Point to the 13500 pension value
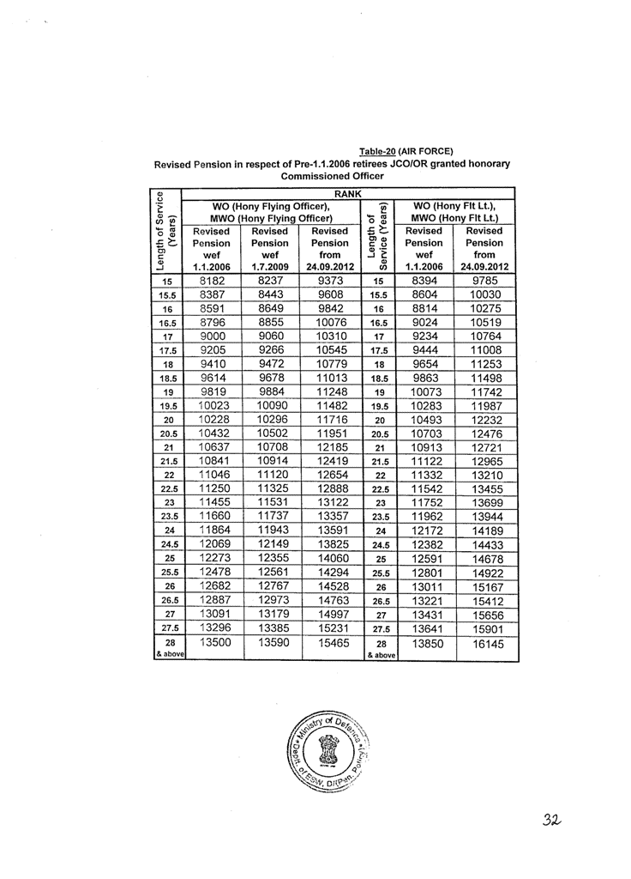[x=213, y=641]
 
